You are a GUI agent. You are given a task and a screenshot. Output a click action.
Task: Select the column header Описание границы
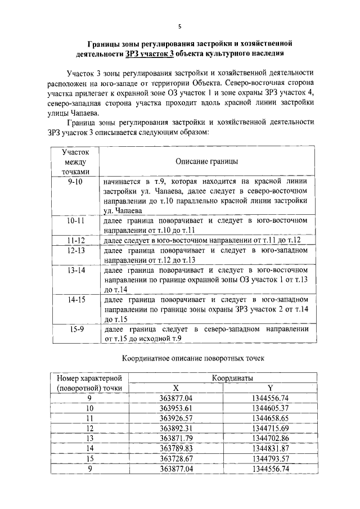206,161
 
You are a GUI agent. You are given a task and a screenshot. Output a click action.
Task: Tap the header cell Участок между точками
75,161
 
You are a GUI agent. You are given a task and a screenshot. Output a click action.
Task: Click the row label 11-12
75,240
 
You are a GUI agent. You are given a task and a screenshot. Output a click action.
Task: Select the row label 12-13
75,250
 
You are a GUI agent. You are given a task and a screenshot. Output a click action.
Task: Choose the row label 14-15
75,300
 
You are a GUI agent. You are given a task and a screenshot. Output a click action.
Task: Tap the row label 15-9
75,329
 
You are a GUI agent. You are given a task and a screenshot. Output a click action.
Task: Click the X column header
176,388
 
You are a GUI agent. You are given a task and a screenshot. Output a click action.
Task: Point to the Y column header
270,388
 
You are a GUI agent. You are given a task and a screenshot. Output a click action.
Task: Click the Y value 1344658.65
270,418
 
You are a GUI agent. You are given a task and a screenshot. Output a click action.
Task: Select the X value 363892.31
176,428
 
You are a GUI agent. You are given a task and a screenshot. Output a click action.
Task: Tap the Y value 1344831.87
270,448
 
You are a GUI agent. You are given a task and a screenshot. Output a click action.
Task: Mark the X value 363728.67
176,458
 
